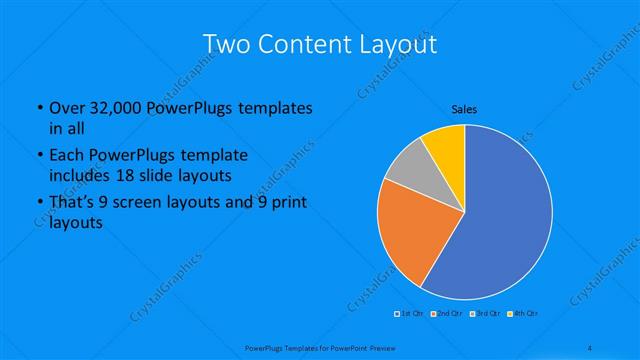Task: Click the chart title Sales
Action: coord(464,109)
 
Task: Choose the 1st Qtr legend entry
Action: coord(411,314)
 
